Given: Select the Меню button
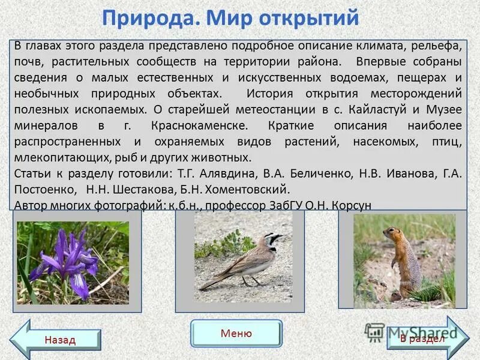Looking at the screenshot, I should [236, 334].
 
